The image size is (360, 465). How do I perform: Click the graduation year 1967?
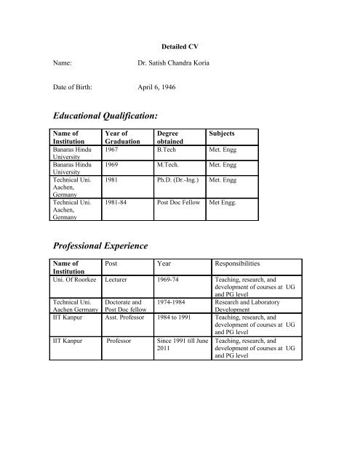click(x=112, y=149)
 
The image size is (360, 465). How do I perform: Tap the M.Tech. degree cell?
click(x=171, y=165)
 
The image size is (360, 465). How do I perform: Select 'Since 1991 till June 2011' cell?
click(x=183, y=344)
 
